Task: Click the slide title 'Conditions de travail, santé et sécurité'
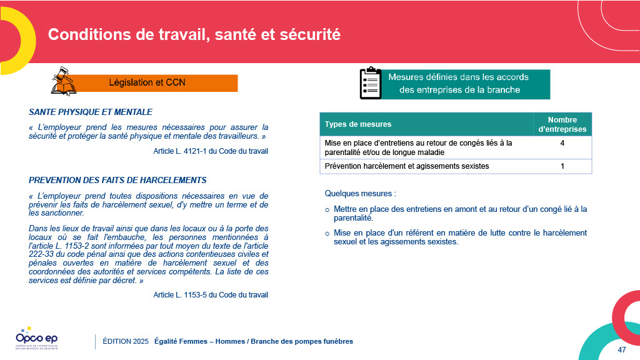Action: (194, 34)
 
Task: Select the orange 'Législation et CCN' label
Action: (147, 82)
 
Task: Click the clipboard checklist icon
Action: (370, 83)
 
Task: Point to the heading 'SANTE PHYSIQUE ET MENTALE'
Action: (91, 112)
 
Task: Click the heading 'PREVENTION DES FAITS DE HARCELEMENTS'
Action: (117, 180)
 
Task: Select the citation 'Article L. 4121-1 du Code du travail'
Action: (211, 151)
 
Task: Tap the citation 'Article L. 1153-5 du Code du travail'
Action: (211, 295)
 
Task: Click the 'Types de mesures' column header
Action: (358, 124)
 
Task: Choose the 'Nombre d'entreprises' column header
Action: (562, 124)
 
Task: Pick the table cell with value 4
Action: (562, 143)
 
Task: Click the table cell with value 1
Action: (562, 166)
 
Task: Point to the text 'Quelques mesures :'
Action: (361, 193)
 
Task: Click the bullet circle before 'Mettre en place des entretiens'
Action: (327, 209)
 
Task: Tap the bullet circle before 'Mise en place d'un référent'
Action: (327, 233)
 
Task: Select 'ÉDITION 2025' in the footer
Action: (125, 341)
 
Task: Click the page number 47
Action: (621, 349)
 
